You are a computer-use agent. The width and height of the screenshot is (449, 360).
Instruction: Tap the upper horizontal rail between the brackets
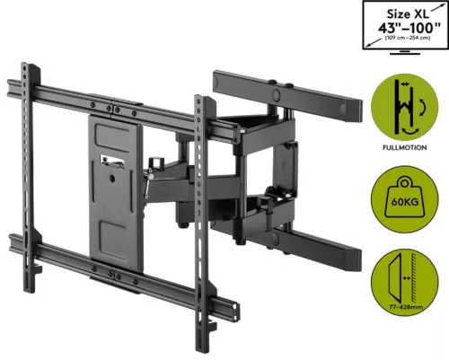pyautogui.click(x=117, y=101)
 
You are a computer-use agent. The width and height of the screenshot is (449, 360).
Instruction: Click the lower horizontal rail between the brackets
pyautogui.click(x=117, y=260)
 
